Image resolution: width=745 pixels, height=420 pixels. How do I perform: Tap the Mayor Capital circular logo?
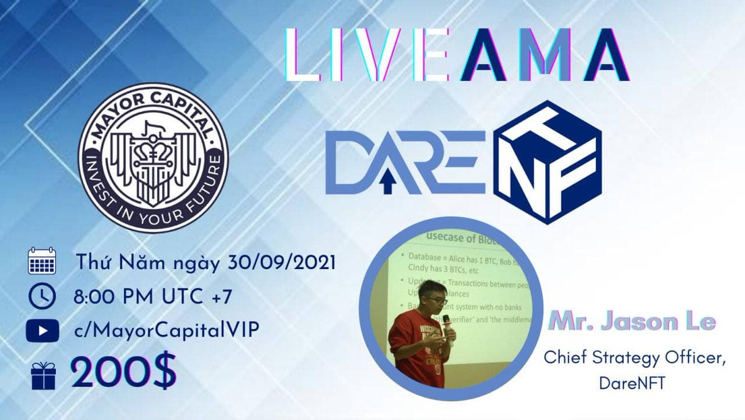click(x=153, y=157)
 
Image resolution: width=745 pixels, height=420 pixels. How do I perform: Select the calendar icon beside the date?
click(x=42, y=262)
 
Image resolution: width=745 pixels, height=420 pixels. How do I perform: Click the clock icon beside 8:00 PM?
click(x=42, y=296)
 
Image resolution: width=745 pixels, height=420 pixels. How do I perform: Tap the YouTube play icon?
click(x=42, y=330)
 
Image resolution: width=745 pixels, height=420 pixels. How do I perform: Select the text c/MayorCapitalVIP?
click(x=166, y=331)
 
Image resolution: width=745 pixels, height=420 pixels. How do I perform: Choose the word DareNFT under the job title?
click(x=632, y=383)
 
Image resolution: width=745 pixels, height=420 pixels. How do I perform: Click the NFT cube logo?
click(x=547, y=162)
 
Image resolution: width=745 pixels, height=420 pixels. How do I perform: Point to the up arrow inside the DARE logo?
click(x=389, y=181)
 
